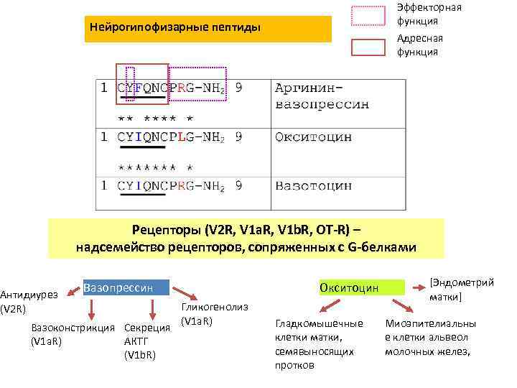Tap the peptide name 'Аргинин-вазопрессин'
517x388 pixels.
(322, 96)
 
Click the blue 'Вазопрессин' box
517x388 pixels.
(126, 288)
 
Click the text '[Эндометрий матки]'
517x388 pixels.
(461, 290)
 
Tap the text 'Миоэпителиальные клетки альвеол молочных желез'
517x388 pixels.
(430, 337)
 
